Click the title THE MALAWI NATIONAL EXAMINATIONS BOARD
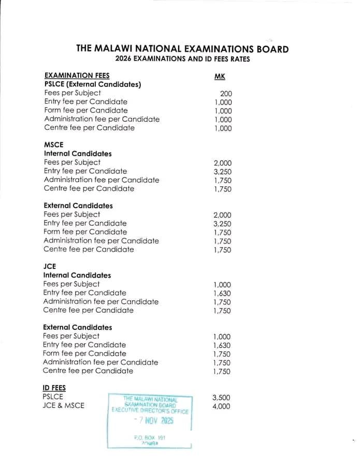[182, 49]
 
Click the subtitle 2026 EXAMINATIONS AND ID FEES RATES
[182, 59]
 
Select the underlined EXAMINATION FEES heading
[77, 76]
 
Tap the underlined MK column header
[220, 77]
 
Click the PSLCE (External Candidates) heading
[93, 84]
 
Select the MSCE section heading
[53, 145]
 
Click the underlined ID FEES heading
[54, 388]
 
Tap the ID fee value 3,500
[221, 398]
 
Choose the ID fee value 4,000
[221, 406]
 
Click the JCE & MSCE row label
[63, 405]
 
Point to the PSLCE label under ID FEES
[53, 397]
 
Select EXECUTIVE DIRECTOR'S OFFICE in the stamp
[150, 411]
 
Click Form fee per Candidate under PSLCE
[85, 110]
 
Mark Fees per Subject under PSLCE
[73, 93]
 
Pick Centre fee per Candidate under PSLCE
[89, 127]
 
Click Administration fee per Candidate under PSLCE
[102, 119]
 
